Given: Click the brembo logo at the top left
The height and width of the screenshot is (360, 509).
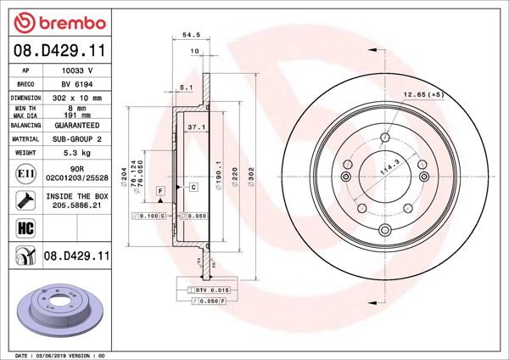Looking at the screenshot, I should click(x=58, y=20).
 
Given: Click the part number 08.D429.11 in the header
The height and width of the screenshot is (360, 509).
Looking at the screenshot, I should click(x=58, y=52).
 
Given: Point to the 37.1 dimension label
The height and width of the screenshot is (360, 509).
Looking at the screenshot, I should click(x=196, y=127).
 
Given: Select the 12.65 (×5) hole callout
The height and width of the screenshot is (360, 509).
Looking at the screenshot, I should click(x=422, y=94).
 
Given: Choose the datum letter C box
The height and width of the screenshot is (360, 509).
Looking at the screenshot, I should click(x=193, y=185).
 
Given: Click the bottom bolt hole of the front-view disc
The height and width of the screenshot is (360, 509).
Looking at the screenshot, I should click(x=383, y=231).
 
